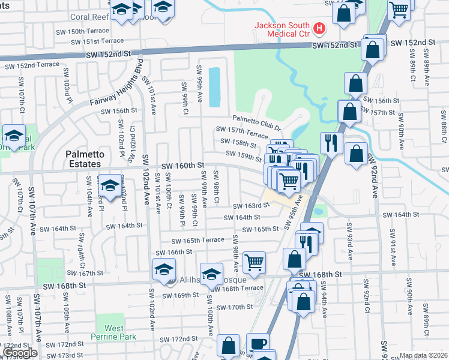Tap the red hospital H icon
point(319,28)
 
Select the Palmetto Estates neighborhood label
point(85,159)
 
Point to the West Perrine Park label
point(114,332)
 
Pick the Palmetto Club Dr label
point(257,124)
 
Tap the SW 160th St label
point(184,165)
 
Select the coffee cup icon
point(258,343)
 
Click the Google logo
point(20,353)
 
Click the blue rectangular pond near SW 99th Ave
point(214,88)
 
